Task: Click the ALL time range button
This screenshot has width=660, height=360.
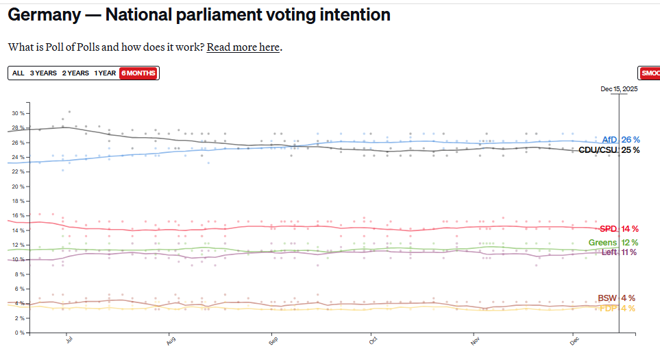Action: pyautogui.click(x=18, y=73)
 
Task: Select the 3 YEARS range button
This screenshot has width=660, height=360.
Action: pyautogui.click(x=43, y=73)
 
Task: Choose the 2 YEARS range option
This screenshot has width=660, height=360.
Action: pyautogui.click(x=75, y=73)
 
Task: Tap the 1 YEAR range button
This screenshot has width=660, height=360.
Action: pyautogui.click(x=105, y=73)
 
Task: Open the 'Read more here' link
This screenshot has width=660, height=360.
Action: pyautogui.click(x=243, y=47)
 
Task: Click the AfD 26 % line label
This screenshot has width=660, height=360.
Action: pyautogui.click(x=620, y=140)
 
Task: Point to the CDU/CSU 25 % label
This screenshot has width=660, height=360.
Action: pyautogui.click(x=609, y=150)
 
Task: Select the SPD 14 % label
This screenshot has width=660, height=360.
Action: pyautogui.click(x=619, y=229)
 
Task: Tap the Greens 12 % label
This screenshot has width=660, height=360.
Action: pyautogui.click(x=613, y=243)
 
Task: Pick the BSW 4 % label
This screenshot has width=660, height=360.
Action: pyautogui.click(x=616, y=298)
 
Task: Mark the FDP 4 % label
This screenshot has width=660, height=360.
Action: pyautogui.click(x=617, y=309)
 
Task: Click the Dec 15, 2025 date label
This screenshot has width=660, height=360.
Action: pyautogui.click(x=619, y=89)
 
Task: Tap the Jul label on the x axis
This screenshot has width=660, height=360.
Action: pyautogui.click(x=69, y=340)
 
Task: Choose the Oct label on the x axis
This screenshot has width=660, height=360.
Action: pyautogui.click(x=373, y=340)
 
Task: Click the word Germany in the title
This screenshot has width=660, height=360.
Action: pyautogui.click(x=45, y=14)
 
